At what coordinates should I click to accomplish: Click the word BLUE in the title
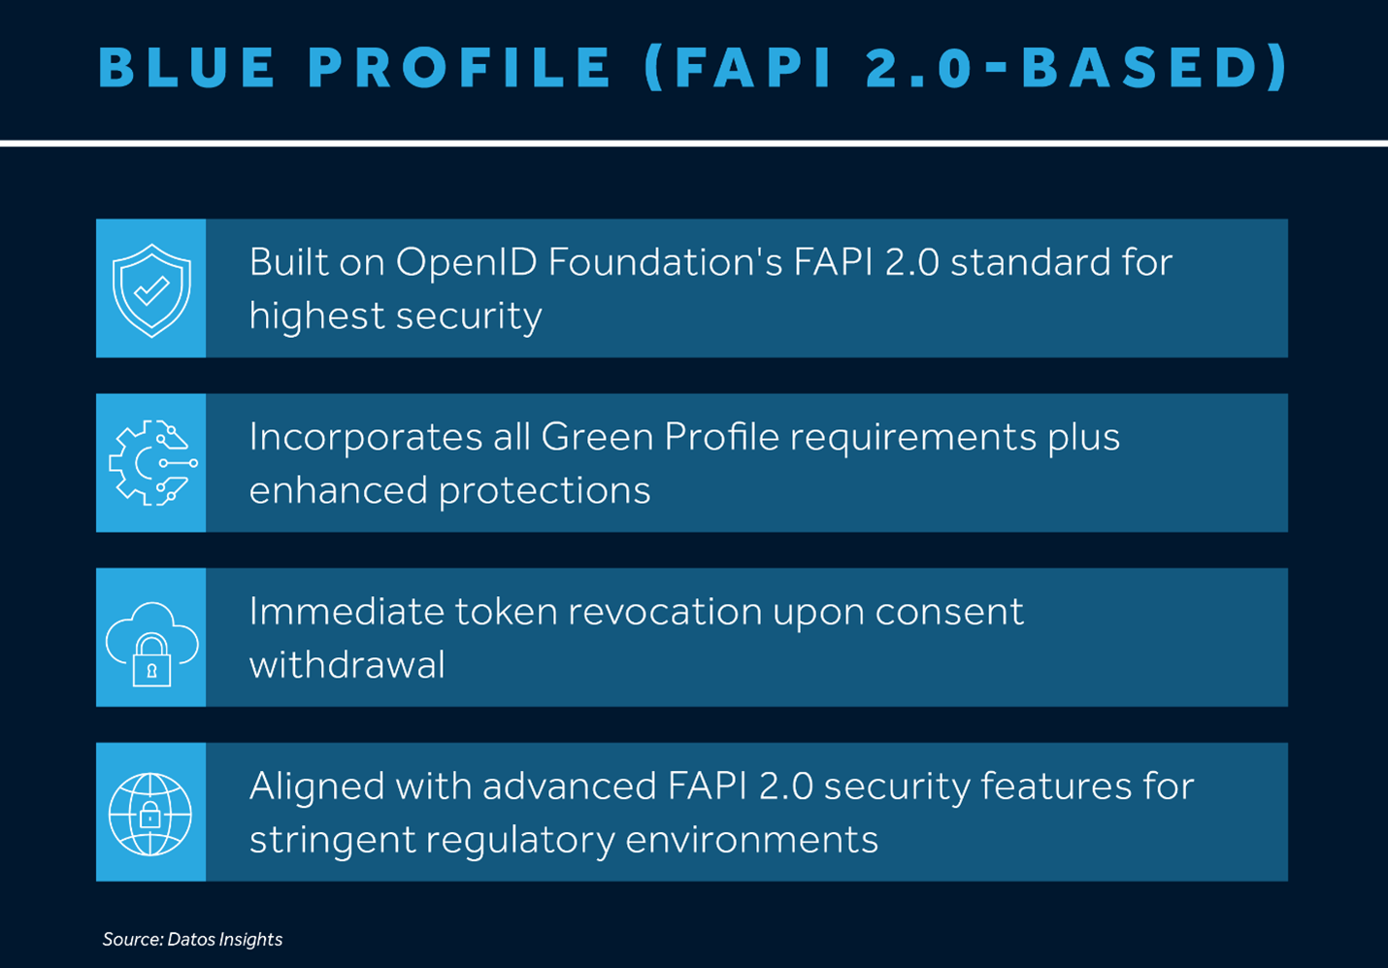186,67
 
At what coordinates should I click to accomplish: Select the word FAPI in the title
753,67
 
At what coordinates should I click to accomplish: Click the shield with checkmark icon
151,290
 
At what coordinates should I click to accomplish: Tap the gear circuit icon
153,463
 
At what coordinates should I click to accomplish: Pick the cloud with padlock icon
151,644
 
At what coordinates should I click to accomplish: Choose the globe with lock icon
150,815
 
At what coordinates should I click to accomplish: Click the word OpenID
466,263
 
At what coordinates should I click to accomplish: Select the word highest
316,316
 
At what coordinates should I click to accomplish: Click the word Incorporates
366,438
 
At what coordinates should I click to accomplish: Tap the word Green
597,437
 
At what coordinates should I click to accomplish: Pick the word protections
545,491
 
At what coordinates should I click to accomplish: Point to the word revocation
665,612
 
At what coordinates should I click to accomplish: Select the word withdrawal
347,665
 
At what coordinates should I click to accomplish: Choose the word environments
751,840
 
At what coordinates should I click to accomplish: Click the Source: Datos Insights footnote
192,939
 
